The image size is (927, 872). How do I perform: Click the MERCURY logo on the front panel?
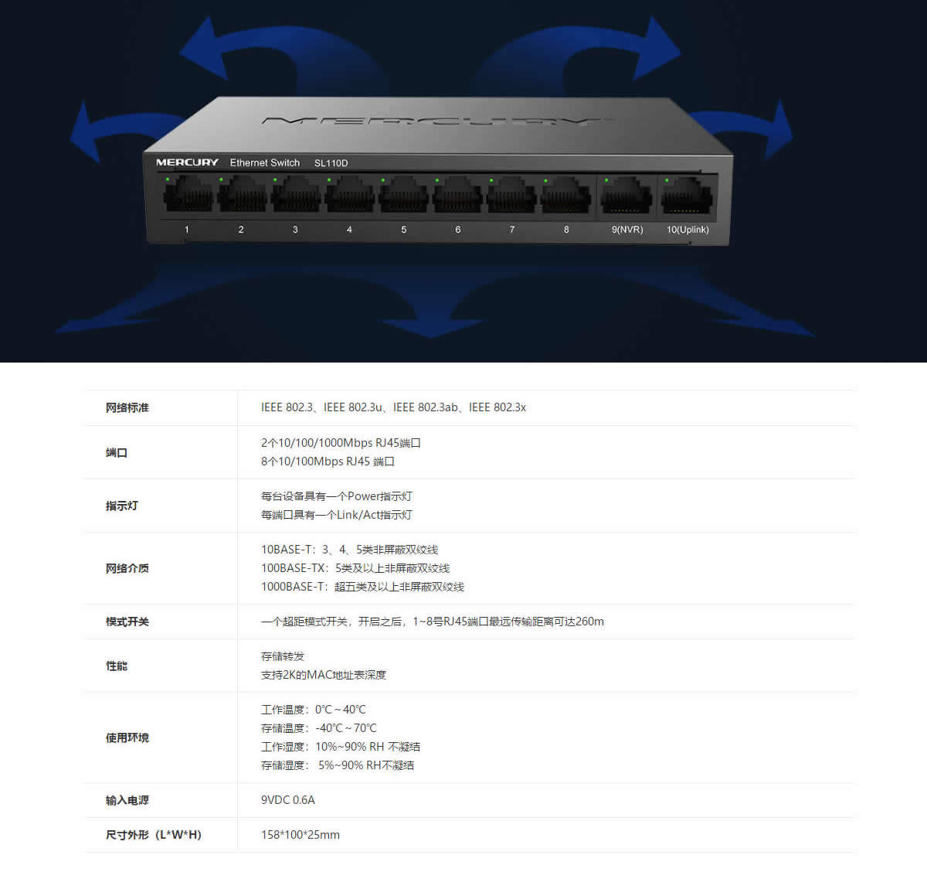coord(187,162)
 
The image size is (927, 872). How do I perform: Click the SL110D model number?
coord(331,163)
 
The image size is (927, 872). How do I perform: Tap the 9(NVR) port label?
coord(626,230)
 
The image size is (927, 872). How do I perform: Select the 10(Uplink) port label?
coord(688,230)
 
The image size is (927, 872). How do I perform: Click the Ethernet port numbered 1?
coord(188,195)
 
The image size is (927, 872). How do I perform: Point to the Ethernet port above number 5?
coord(404,195)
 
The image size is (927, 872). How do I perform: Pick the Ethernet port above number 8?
coord(565,195)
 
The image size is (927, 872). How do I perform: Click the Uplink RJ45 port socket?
coord(687,196)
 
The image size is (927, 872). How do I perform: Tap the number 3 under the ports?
coord(295,230)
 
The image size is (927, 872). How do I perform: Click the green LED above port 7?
coord(491,180)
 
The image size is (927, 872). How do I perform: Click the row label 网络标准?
coord(127,407)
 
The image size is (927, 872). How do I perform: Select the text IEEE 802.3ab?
coord(425,407)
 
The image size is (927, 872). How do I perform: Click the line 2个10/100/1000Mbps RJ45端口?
coord(341,443)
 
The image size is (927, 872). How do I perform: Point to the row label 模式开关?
coord(127,622)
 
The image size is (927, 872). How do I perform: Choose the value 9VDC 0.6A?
coord(287,800)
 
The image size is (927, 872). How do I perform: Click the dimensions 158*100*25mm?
coord(300,835)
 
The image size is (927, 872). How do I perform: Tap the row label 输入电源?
coord(127,800)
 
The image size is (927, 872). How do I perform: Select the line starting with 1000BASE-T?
coord(362,587)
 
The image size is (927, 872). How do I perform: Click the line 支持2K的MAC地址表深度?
coord(323,675)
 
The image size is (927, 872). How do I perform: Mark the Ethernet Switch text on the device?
coord(264,163)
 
